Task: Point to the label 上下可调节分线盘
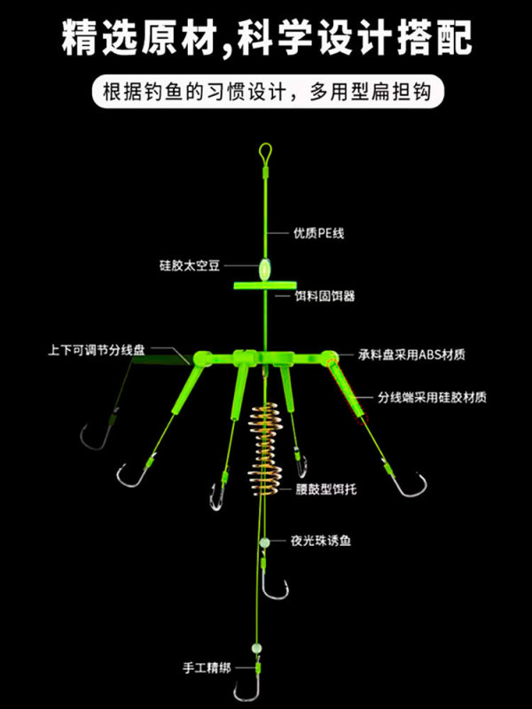tap(97, 349)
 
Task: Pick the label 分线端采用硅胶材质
tap(432, 397)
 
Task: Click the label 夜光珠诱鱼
tap(319, 539)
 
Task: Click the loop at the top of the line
tap(265, 152)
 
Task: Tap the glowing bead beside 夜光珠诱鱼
tap(264, 541)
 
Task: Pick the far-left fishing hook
tap(91, 436)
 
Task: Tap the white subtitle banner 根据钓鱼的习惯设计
tap(266, 92)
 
